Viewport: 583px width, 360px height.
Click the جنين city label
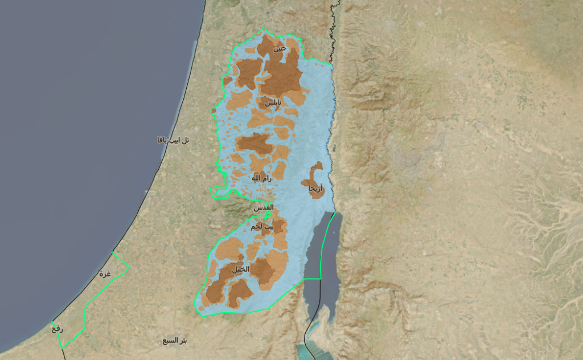coord(280,48)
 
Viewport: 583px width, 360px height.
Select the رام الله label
coord(261,178)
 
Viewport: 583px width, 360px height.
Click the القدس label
coord(264,207)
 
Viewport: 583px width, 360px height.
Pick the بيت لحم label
coord(262,227)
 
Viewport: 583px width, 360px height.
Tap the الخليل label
coord(241,269)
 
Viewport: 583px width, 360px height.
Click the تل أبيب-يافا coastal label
coord(173,140)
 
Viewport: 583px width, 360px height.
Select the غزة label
coord(104,274)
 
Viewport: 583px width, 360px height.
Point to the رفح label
coord(58,329)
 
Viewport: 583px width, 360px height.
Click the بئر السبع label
coord(175,341)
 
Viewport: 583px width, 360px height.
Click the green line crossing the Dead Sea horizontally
coord(312,279)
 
